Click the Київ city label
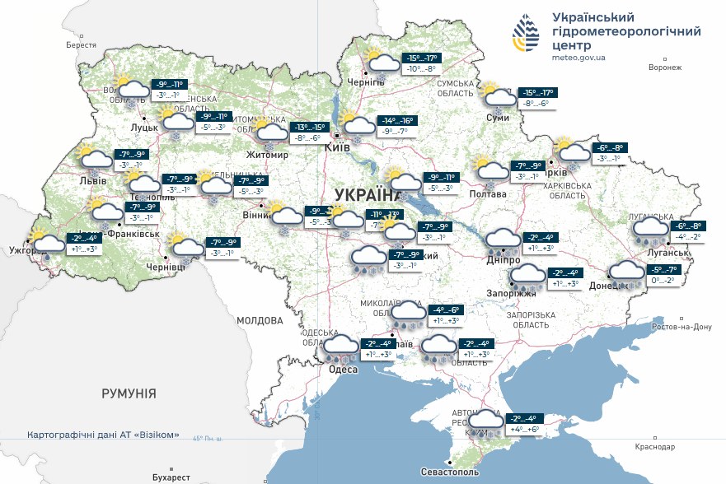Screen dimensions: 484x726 coord(338,147)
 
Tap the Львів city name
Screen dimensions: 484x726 coord(91,180)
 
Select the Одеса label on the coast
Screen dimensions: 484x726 coord(343,370)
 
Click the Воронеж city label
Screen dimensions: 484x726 coord(665,67)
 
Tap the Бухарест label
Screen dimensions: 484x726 coord(171,477)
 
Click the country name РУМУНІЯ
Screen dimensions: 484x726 coord(129,394)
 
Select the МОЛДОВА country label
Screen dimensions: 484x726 coord(260,320)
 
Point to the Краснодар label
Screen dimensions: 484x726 coord(655,445)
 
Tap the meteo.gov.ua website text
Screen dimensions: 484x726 coord(579,58)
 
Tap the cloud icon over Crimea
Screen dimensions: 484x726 coord(485,422)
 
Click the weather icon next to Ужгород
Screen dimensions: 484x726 coord(49,244)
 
